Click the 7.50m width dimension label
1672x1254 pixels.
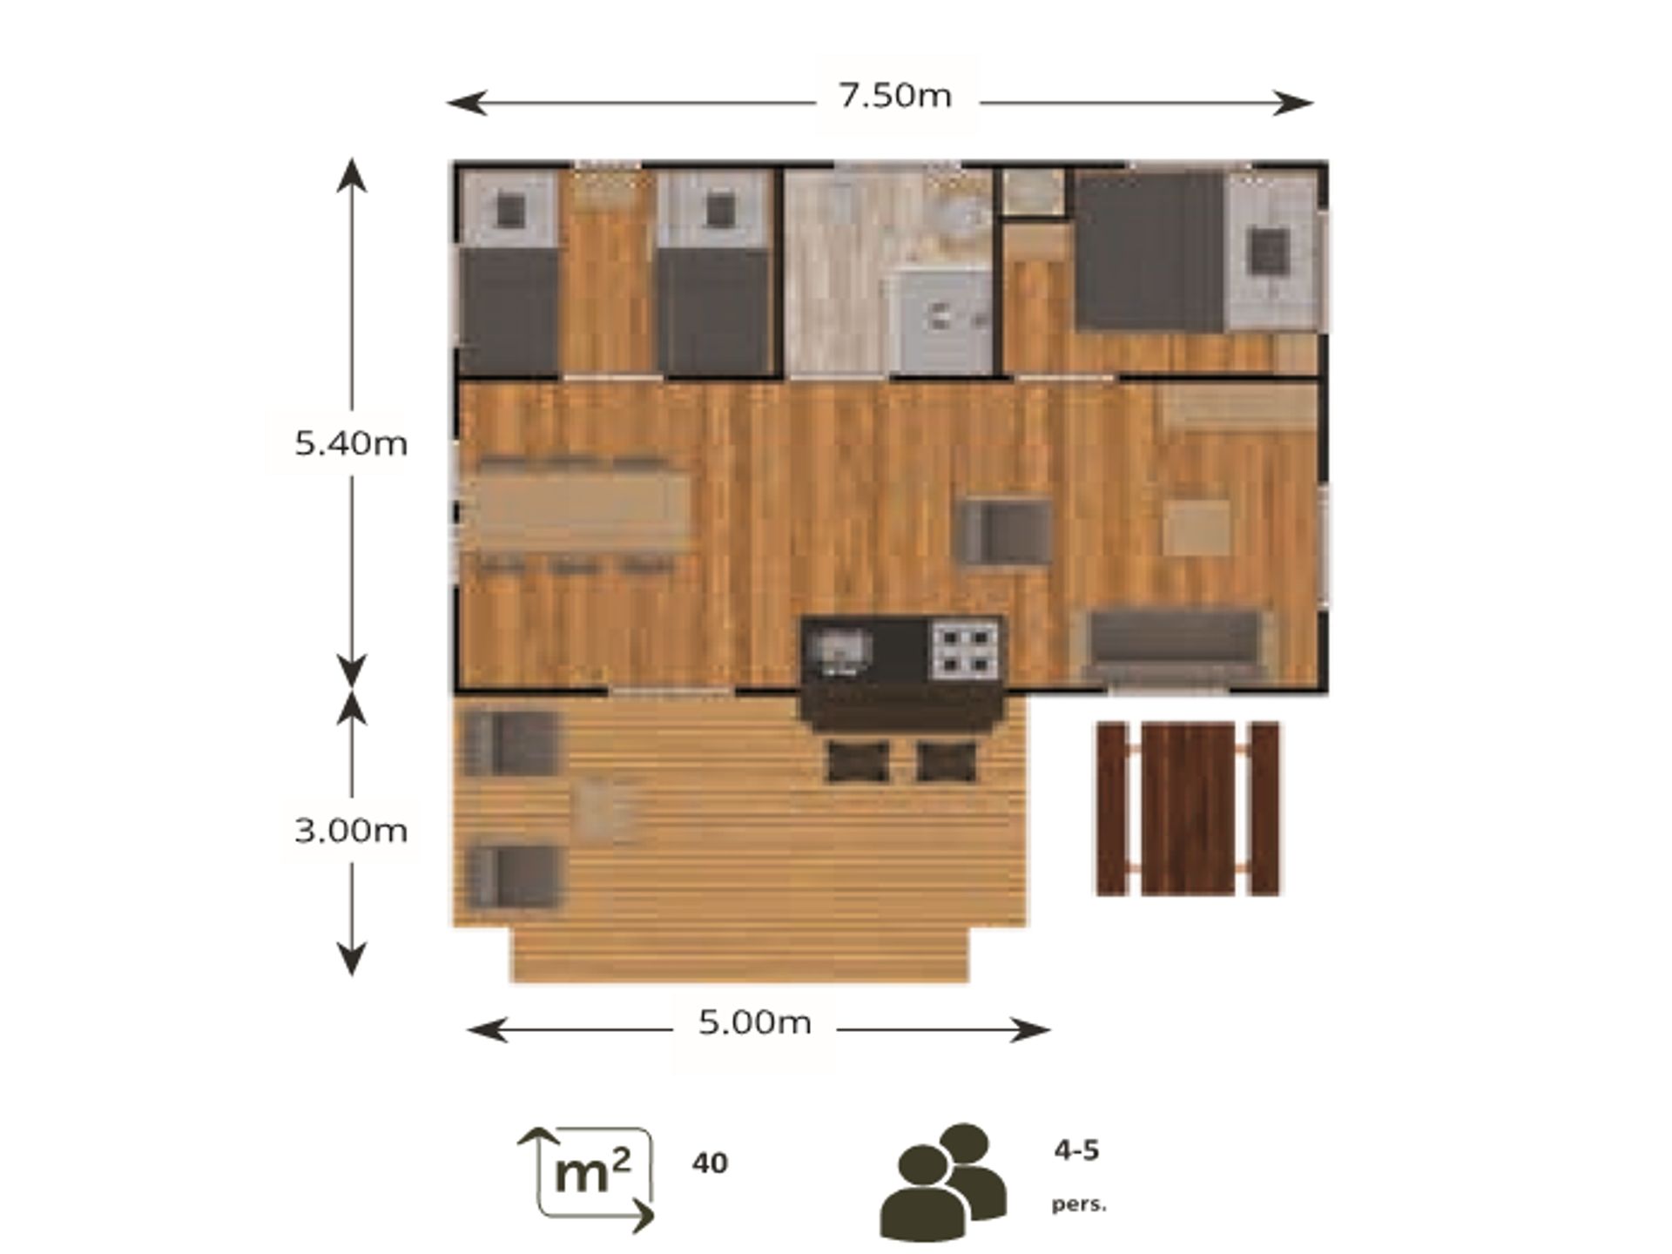coord(895,95)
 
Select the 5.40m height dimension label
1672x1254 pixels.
coord(351,443)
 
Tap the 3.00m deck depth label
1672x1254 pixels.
coord(351,830)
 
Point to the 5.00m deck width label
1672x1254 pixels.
coord(754,1021)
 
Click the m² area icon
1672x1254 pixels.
coord(586,1179)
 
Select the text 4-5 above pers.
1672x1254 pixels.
coord(1076,1150)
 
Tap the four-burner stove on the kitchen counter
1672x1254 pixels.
coord(965,651)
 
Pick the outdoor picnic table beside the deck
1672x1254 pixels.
coord(1188,808)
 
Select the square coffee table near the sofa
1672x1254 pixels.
coord(1197,528)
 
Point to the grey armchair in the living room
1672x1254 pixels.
coord(1005,531)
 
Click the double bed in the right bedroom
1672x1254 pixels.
coord(1197,252)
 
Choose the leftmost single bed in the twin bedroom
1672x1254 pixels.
coord(509,273)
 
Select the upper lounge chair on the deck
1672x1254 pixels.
coord(511,743)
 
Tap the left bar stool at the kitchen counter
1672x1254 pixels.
coord(858,762)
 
